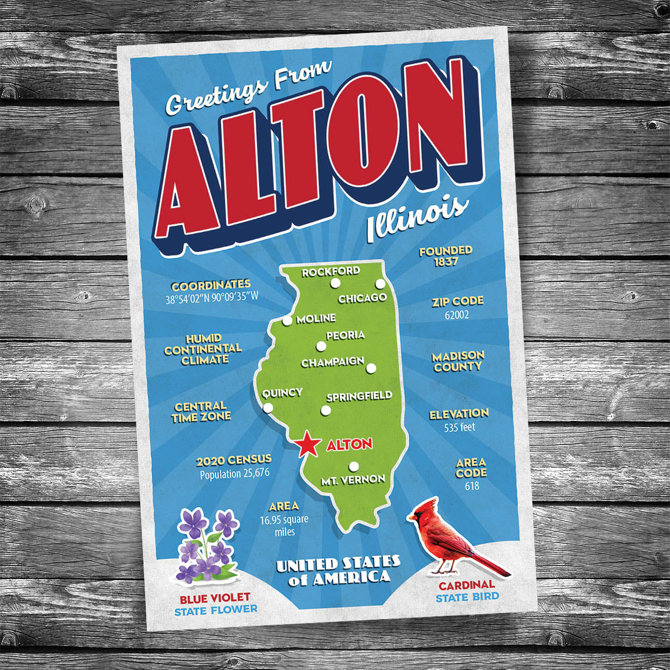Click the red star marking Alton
point(308,445)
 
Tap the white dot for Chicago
point(380,284)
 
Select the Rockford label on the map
point(331,272)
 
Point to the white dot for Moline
point(287,321)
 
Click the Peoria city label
point(345,335)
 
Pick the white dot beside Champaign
point(371,368)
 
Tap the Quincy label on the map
point(282,393)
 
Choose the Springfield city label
point(359,396)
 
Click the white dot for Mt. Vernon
point(353,466)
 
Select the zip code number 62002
point(457,315)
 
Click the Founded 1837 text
point(446,256)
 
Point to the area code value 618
point(472,486)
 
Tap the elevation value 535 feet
point(460,428)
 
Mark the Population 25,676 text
point(234,474)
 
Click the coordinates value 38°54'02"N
point(190,299)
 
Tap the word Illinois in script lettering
point(417,218)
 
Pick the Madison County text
point(458,361)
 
